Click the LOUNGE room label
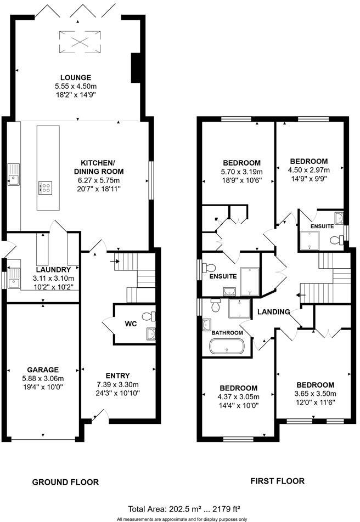pos(76,77)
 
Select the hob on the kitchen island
pos(46,188)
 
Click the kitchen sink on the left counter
pos(13,178)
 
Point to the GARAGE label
pos(43,370)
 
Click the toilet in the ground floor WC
pos(148,316)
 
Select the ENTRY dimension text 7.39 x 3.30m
pos(117,384)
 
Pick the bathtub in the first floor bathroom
pos(227,347)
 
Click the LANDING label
pos(274,312)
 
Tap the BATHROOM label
pos(227,333)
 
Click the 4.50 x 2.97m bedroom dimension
pos(308,171)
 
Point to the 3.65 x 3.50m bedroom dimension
pos(315,394)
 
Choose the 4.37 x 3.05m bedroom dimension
pos(239,397)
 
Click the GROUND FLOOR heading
pos(65,482)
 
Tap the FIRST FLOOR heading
pos(277,481)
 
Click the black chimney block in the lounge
pos(135,67)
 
